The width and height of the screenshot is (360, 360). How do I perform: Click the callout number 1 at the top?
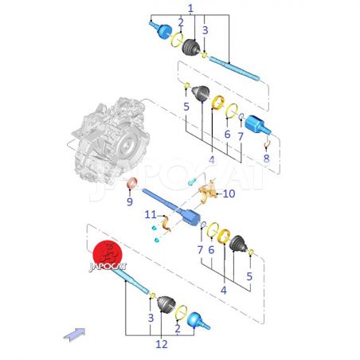coord(190,9)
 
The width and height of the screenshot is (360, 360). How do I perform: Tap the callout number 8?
coord(266,158)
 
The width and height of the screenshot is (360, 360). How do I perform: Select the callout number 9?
coord(130,202)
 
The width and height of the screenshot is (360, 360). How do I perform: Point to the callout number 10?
coord(229,194)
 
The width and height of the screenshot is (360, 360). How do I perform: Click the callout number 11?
coord(151,214)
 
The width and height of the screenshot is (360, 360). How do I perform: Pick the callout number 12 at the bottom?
coord(162,344)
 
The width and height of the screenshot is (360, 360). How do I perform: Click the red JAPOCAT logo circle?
coord(108,255)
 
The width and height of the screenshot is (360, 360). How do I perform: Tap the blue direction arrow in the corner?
coord(75,335)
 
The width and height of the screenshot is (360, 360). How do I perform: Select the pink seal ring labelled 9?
coord(132,184)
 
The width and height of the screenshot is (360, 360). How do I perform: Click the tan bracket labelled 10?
coord(208,192)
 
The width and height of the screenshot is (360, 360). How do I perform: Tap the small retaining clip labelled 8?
coord(267,143)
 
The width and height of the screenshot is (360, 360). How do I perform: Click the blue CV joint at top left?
coord(161,29)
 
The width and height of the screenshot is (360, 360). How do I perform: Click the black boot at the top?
coord(191,48)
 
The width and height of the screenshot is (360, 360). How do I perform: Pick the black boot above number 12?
coord(166,304)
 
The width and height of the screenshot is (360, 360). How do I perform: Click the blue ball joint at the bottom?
coord(198,321)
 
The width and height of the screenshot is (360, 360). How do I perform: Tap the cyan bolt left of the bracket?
coord(192,182)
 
